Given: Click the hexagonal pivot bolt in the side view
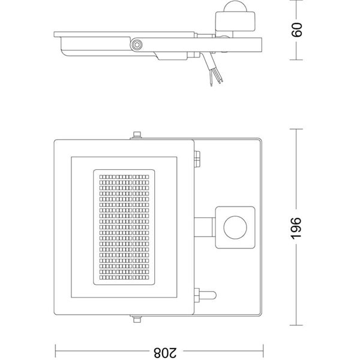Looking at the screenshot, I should [138, 44].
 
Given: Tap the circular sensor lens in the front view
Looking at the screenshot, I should [234, 227].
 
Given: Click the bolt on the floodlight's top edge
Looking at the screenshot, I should [136, 136].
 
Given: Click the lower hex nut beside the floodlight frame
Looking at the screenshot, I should [196, 296].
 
